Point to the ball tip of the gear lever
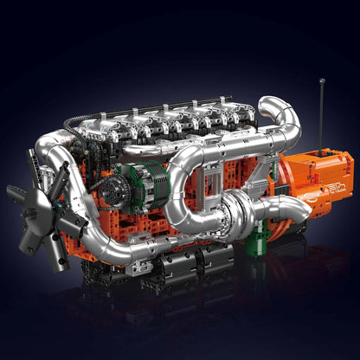tap(323, 82)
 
